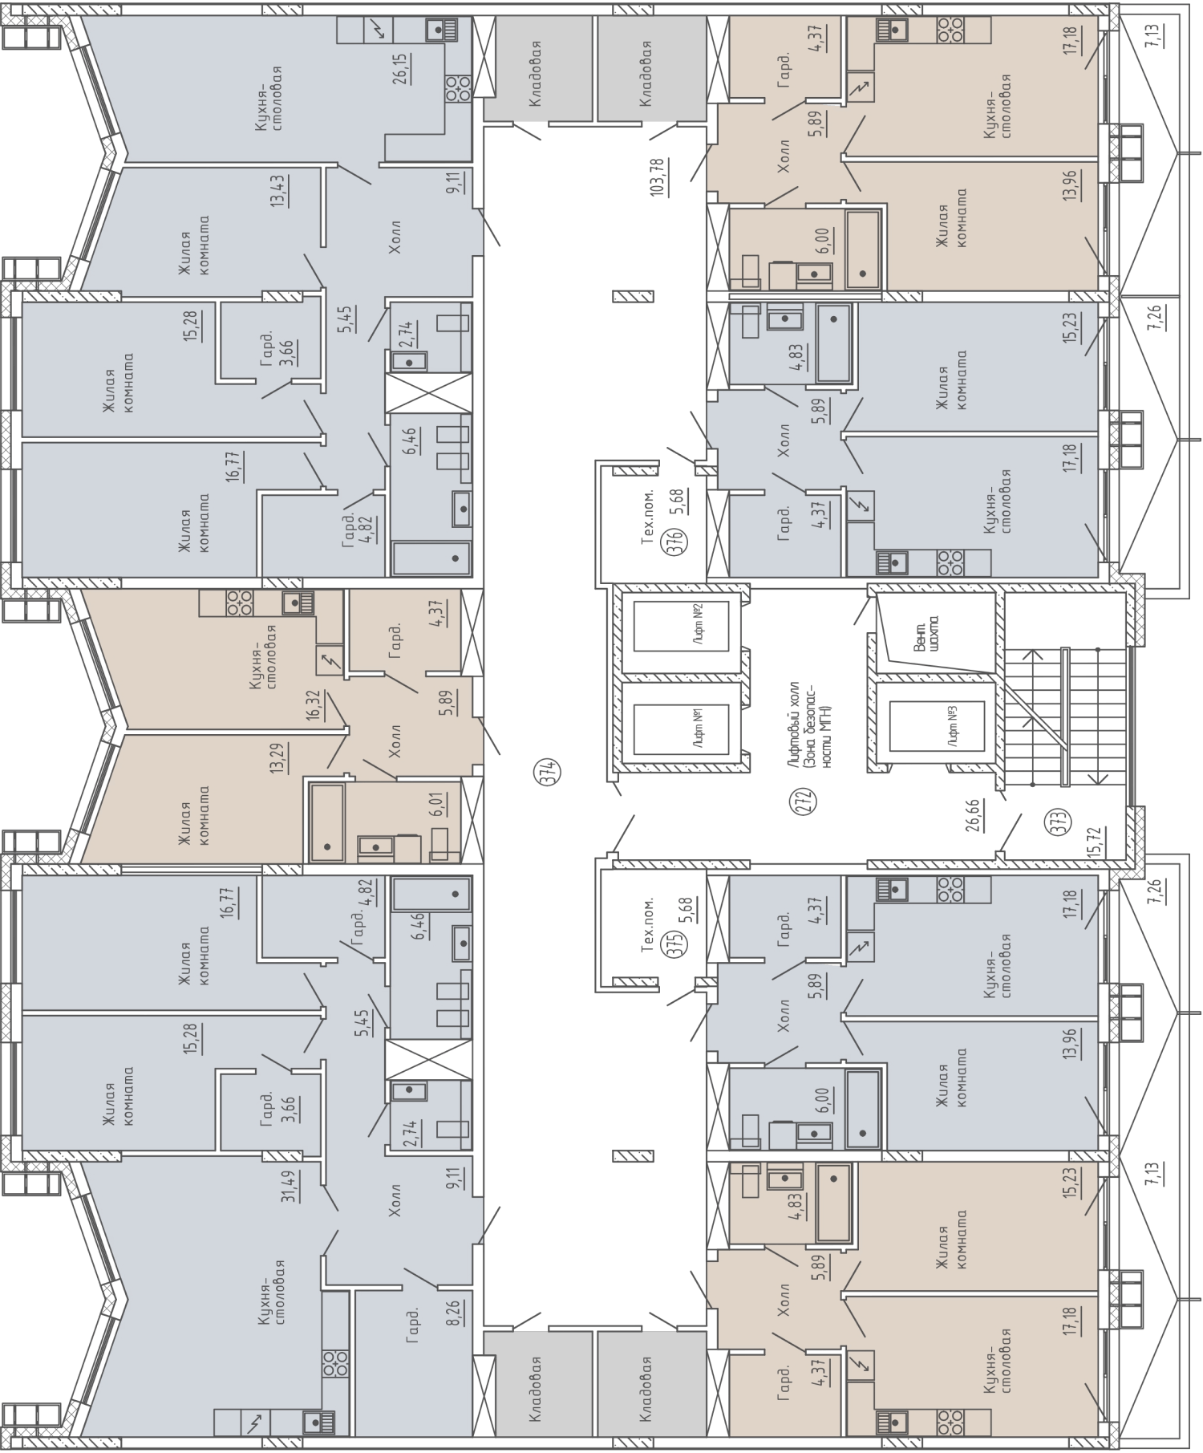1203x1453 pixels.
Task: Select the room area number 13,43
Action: pos(279,191)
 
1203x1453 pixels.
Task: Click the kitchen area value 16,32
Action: pos(314,707)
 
